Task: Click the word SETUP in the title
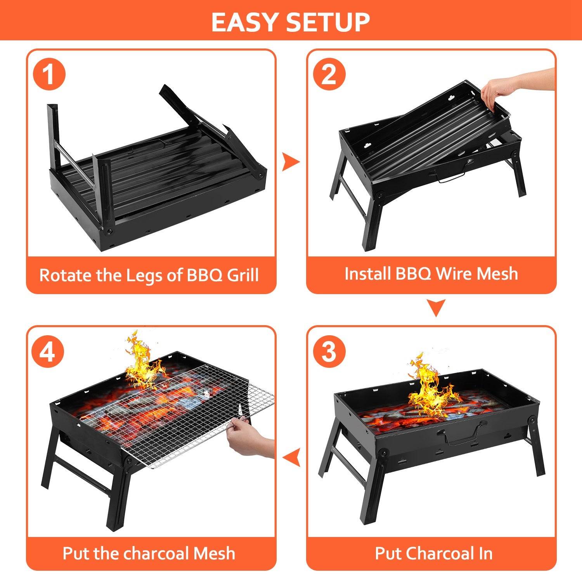(328, 22)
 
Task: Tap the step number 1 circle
(49, 74)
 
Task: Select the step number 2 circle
(329, 74)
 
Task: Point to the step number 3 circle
(329, 352)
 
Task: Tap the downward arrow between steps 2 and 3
(436, 307)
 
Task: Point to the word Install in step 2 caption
(367, 274)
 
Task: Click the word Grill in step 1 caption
(242, 275)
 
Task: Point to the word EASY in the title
(245, 22)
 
